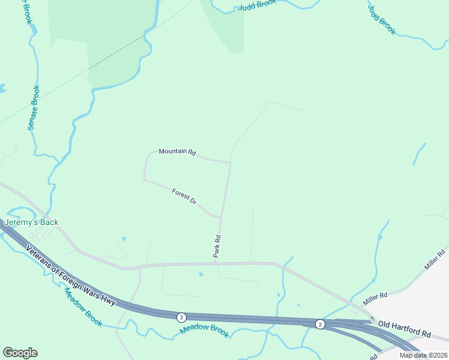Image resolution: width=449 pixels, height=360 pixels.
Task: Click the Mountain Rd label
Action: coord(177,152)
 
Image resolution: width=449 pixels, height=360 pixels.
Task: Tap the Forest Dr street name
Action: coord(184,197)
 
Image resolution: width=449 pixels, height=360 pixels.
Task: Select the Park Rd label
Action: coord(217,246)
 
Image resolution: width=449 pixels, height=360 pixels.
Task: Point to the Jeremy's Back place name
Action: coord(32,223)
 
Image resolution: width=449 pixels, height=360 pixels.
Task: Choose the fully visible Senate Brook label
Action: coord(34,108)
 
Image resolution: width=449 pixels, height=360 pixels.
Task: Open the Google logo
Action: coord(20,353)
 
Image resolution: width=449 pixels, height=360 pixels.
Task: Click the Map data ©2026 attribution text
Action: coord(424,355)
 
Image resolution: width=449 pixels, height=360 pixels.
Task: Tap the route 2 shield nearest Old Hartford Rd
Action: coord(320,324)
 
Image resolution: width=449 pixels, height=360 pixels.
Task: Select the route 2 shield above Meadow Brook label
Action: coord(181,317)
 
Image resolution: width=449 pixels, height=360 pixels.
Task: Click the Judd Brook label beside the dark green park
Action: coord(257,5)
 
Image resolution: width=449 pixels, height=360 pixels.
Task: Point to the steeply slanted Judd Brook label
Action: coord(382,19)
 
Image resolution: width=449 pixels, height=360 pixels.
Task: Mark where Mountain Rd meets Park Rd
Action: coord(231,162)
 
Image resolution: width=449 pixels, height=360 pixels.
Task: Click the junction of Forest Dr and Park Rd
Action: coord(221,217)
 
